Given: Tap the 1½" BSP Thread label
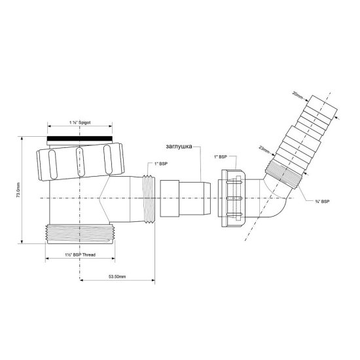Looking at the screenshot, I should (x=81, y=253).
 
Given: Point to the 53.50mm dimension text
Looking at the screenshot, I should (x=117, y=278).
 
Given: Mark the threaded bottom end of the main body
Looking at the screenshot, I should (x=81, y=234).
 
